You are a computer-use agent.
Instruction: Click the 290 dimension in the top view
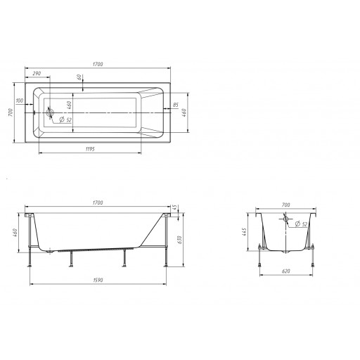click(x=37, y=73)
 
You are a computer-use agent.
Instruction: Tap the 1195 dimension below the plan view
click(x=90, y=149)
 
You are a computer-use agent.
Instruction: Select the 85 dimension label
click(x=176, y=105)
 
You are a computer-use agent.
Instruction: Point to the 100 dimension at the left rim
click(x=20, y=101)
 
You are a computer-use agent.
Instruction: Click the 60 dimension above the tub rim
click(x=79, y=77)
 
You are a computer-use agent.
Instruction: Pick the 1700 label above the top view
click(x=98, y=64)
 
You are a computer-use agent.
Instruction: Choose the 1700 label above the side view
click(x=98, y=202)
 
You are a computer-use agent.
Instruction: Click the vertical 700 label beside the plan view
click(x=11, y=112)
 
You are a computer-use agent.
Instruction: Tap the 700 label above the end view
click(x=285, y=205)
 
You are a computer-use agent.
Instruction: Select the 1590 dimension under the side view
click(x=98, y=280)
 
